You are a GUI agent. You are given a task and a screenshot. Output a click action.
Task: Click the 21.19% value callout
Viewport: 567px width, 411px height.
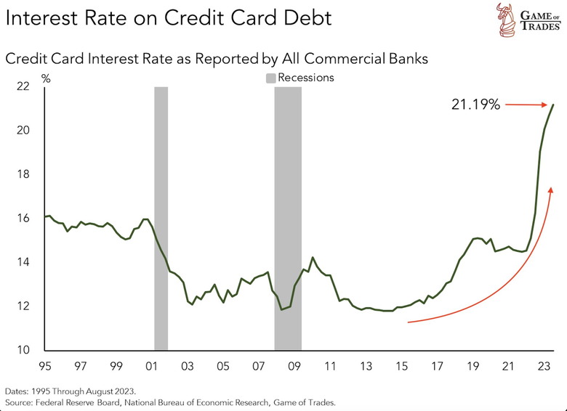pos(475,105)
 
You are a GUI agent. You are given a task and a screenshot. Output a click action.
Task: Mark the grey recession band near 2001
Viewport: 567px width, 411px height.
pos(161,218)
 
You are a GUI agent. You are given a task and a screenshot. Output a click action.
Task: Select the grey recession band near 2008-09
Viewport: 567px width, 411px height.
pos(288,218)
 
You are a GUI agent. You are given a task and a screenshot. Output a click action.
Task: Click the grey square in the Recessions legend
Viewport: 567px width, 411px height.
pos(270,77)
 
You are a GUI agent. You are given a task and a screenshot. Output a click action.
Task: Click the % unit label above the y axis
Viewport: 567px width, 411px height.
pos(46,77)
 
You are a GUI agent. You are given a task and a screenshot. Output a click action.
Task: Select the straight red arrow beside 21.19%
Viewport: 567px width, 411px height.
pos(525,105)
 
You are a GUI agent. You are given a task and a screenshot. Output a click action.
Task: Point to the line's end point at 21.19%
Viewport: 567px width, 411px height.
pos(554,105)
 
